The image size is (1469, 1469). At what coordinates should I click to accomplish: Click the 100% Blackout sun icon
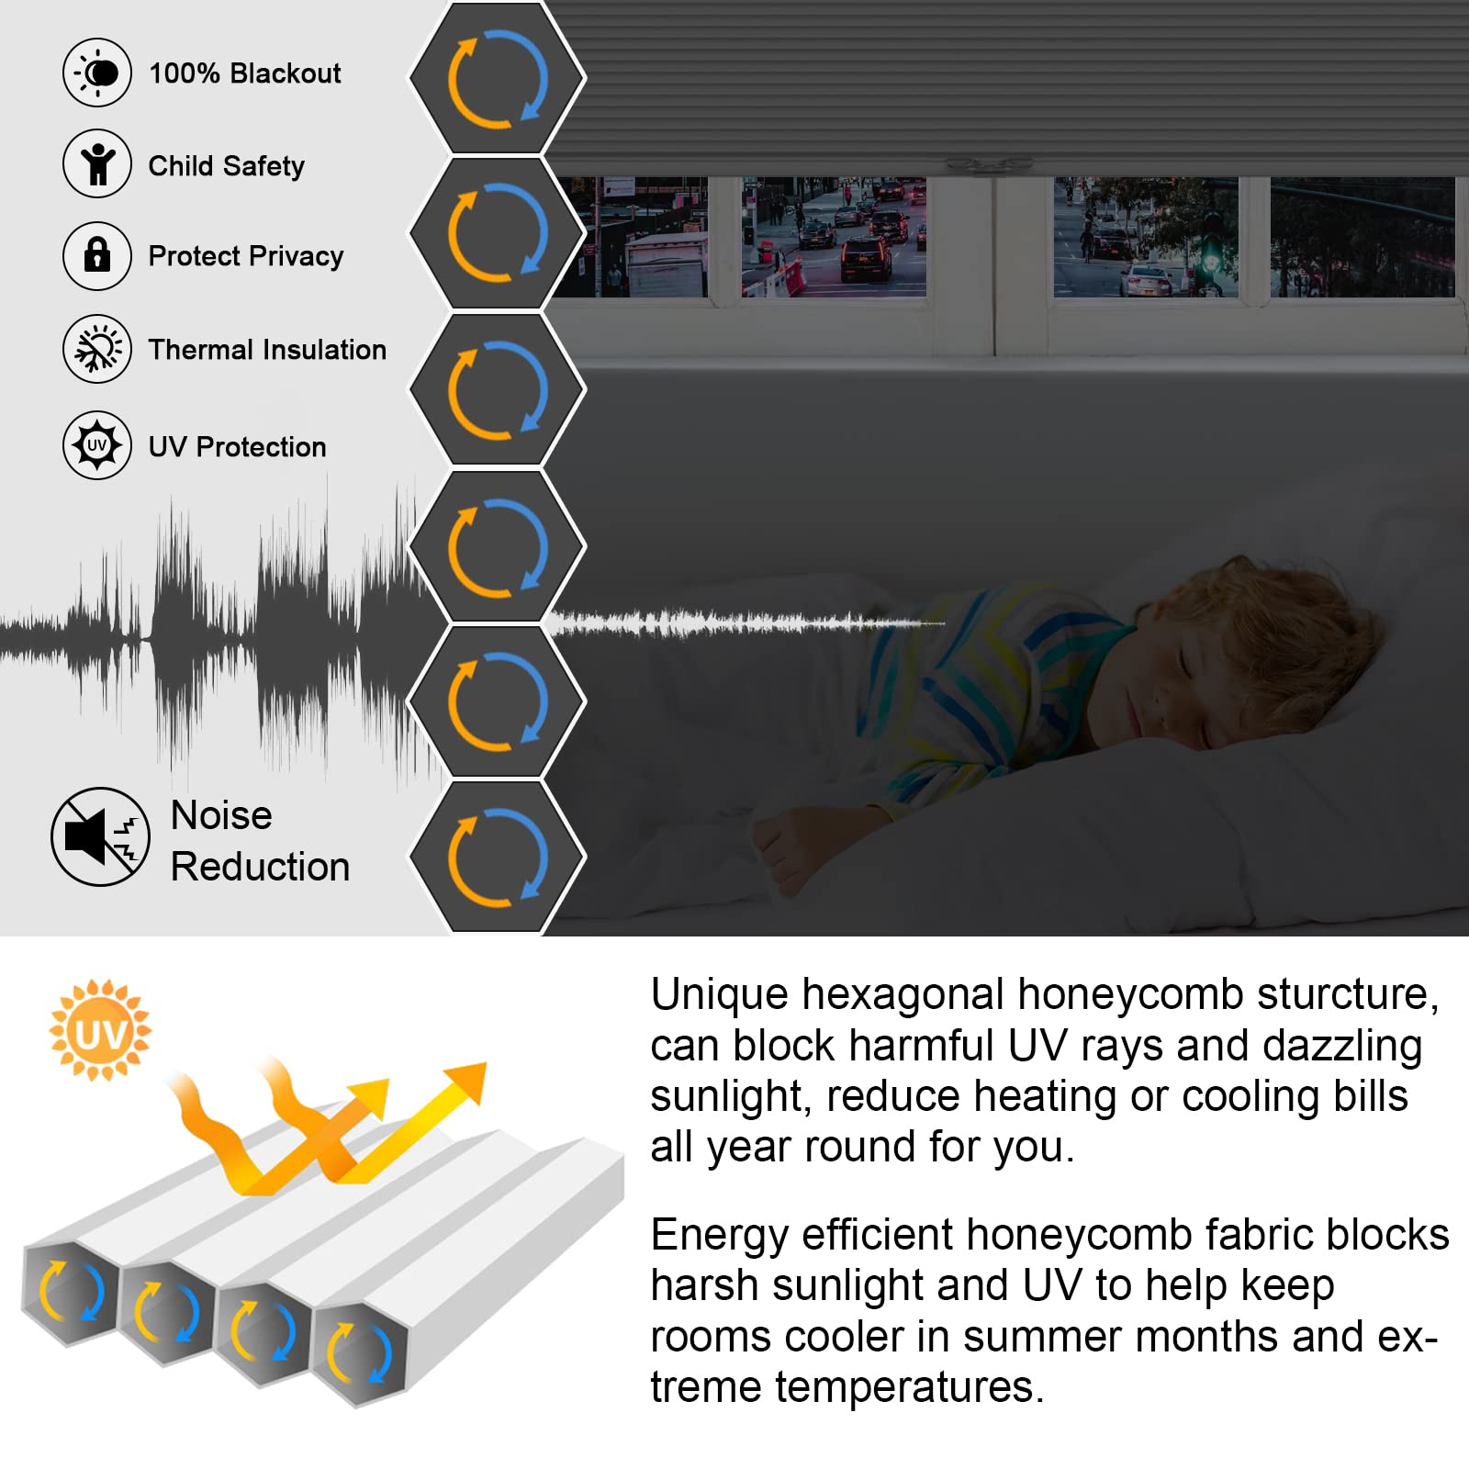point(97,73)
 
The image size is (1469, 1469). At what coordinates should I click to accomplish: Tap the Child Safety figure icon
point(97,164)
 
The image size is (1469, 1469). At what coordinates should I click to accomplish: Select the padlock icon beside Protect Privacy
point(97,255)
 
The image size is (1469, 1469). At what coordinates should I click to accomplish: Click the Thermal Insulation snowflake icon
point(97,349)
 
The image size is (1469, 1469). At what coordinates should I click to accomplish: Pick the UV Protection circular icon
point(97,445)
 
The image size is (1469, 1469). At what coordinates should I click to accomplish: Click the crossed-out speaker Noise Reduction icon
point(100,836)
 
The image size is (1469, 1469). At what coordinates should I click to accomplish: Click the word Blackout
point(286,73)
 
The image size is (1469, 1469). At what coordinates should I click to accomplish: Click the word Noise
point(221,815)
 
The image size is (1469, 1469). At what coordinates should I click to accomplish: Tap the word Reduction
point(261,867)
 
